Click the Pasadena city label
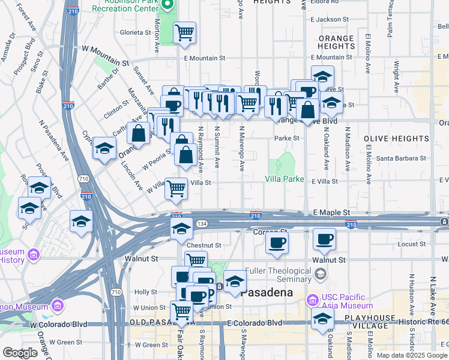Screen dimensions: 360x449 (266, 293)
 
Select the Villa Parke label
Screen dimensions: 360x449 (285, 179)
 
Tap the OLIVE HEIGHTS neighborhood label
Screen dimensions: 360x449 (396, 138)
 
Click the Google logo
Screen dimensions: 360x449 (20, 352)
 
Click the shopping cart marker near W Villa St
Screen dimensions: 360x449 (176, 188)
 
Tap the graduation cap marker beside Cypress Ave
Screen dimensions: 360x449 (104, 148)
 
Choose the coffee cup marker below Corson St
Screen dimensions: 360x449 (277, 242)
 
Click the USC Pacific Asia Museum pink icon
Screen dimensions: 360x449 (312, 299)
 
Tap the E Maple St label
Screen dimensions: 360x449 (331, 212)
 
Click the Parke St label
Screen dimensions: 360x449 (287, 138)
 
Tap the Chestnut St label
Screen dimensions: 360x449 (204, 245)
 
